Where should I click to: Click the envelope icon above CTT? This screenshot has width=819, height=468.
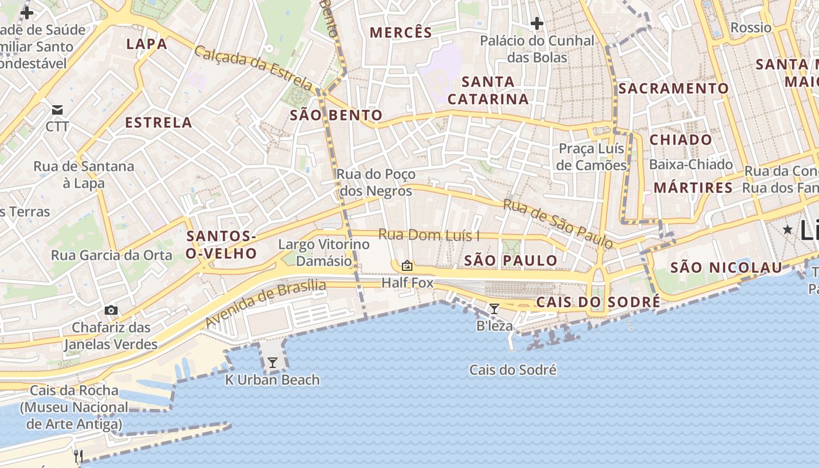click(57, 110)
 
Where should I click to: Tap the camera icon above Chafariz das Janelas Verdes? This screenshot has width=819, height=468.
click(111, 310)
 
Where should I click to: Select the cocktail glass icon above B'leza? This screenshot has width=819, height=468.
click(494, 309)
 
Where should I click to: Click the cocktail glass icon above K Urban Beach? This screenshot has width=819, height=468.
click(272, 363)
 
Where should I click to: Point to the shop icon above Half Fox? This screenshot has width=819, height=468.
click(407, 266)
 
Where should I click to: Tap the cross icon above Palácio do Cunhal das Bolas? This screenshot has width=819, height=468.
click(536, 24)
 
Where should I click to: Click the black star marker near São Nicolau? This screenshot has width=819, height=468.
click(787, 230)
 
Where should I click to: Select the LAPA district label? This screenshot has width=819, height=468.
click(147, 44)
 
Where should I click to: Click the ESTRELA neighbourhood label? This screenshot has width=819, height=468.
click(159, 122)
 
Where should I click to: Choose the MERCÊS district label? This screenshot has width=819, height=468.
click(401, 33)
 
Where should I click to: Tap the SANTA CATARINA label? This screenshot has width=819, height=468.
click(488, 90)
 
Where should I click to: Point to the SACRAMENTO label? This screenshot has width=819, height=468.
click(673, 88)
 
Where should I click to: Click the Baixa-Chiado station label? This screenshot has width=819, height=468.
click(691, 164)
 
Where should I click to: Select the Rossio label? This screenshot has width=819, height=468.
click(751, 27)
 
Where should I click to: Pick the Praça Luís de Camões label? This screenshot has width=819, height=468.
click(591, 157)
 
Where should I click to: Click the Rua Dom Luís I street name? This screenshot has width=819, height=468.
click(429, 235)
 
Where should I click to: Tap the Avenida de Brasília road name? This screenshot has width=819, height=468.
click(266, 304)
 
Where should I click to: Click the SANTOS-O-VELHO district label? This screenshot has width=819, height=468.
click(221, 245)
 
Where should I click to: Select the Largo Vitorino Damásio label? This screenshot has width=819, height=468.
click(315, 253)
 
